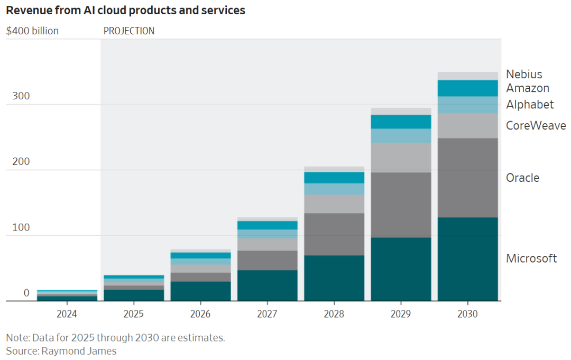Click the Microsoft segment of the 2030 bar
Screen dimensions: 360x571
(x=468, y=259)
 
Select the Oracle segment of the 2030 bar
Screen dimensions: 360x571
(x=468, y=178)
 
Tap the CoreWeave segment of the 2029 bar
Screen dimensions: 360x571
(x=401, y=158)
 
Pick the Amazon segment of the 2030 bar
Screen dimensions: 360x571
(x=468, y=88)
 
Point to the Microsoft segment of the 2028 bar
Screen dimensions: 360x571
(x=334, y=278)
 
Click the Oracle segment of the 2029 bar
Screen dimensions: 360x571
(x=401, y=205)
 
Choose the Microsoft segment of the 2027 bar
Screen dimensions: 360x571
(x=268, y=285)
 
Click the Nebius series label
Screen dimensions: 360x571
(x=524, y=75)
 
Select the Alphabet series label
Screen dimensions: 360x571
(x=530, y=105)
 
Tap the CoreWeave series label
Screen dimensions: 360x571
(x=536, y=126)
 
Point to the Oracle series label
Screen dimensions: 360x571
(x=522, y=178)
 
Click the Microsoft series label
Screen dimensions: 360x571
(x=531, y=259)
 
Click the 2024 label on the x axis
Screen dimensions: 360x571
(x=67, y=314)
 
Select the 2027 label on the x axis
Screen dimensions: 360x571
(x=268, y=314)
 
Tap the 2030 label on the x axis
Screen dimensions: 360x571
(x=468, y=314)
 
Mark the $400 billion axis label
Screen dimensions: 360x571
(x=32, y=31)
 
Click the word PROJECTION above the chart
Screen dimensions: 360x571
(x=129, y=31)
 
